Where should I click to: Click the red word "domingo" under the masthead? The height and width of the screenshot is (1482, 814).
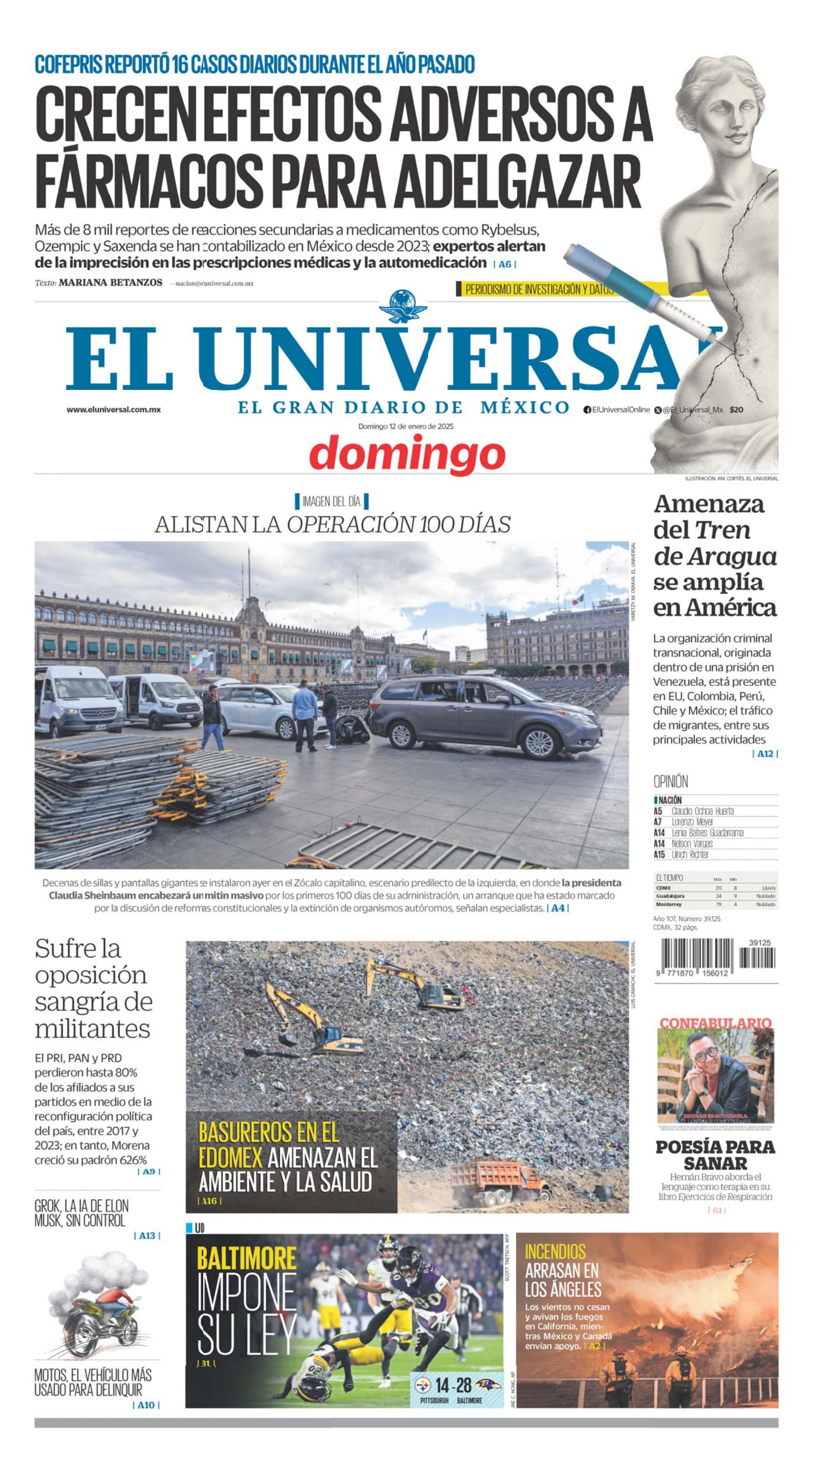(x=407, y=454)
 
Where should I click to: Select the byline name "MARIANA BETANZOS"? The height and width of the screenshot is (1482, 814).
(x=110, y=283)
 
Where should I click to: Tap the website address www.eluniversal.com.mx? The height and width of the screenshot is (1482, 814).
(x=113, y=409)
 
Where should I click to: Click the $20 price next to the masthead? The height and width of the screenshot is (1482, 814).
(x=736, y=409)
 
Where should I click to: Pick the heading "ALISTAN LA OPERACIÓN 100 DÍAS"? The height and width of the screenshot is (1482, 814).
(x=332, y=524)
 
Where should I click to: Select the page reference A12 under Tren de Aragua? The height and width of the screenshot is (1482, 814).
(x=765, y=754)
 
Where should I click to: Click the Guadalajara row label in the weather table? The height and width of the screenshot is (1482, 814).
(x=670, y=896)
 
